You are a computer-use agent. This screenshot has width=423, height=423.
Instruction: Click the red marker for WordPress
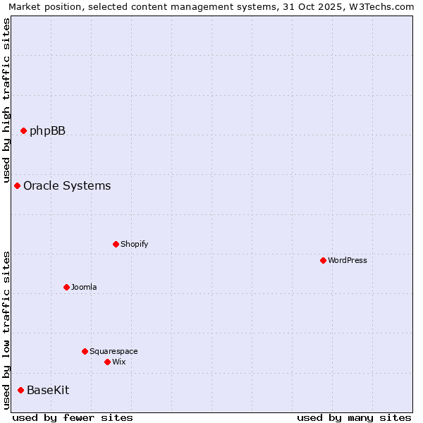point(323,260)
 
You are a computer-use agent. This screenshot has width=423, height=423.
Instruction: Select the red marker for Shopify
point(116,244)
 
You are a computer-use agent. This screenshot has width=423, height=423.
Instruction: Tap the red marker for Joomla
point(66,287)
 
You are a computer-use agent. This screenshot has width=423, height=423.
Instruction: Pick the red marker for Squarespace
point(85,351)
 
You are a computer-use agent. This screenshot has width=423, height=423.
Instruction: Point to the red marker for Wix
point(107,362)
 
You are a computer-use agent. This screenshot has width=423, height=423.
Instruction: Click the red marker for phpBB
point(23,130)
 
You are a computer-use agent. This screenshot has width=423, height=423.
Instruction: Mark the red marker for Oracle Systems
point(17,185)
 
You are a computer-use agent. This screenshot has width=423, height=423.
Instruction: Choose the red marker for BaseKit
point(20,390)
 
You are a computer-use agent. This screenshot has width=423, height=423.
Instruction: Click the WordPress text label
point(348,260)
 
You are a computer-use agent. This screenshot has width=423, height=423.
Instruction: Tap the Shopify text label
point(134,244)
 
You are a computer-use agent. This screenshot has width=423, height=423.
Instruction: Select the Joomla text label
point(84,287)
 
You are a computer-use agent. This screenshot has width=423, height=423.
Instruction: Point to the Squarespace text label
point(114,351)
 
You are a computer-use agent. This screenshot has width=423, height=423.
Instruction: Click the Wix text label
point(118,362)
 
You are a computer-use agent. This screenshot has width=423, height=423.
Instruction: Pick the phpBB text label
point(47,130)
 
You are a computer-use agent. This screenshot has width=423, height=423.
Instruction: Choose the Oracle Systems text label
point(67,185)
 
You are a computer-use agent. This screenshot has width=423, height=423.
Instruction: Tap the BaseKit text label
point(48,390)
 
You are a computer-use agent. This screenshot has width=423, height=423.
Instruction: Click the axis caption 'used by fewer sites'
point(73,417)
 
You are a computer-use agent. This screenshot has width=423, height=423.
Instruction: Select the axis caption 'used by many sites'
point(354,417)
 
